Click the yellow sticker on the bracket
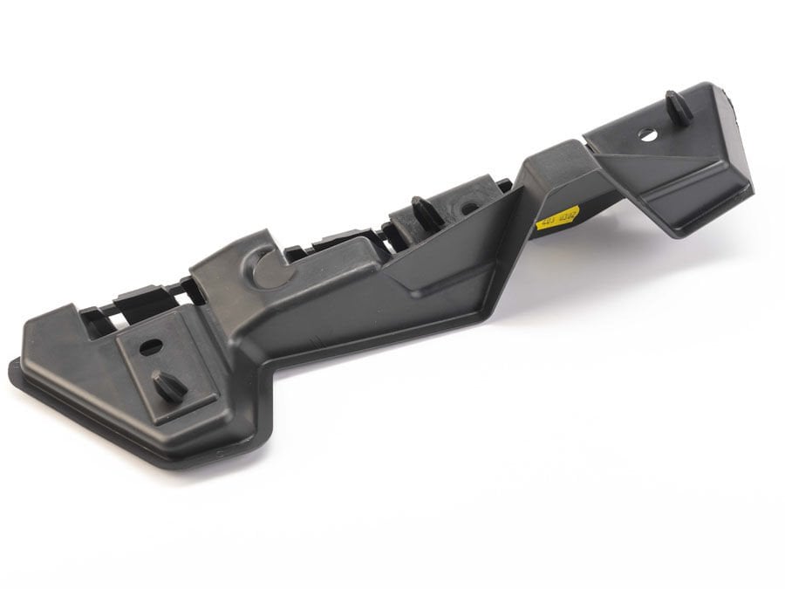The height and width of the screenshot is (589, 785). coord(556,216)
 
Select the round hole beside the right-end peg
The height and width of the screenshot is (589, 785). coord(647,134)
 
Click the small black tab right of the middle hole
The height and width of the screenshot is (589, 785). coord(503,186)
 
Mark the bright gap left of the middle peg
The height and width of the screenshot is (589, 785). coord(384,233)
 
